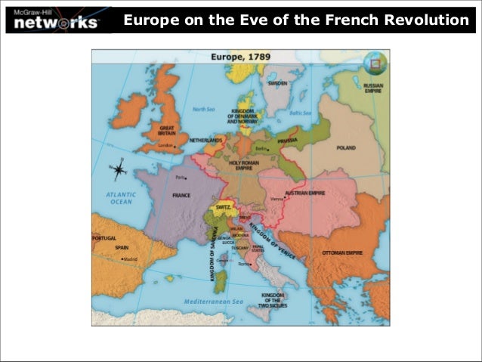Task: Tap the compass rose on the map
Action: [119, 170]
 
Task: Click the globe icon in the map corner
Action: [371, 63]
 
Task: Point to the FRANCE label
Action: [181, 195]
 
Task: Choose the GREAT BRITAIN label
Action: [166, 133]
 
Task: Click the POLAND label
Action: [345, 148]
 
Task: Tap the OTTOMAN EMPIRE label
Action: [343, 252]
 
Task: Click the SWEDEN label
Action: [277, 82]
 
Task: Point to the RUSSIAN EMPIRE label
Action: [373, 88]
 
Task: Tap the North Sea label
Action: [204, 109]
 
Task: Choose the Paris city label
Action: [181, 178]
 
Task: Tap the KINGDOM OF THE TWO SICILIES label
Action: [273, 301]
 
